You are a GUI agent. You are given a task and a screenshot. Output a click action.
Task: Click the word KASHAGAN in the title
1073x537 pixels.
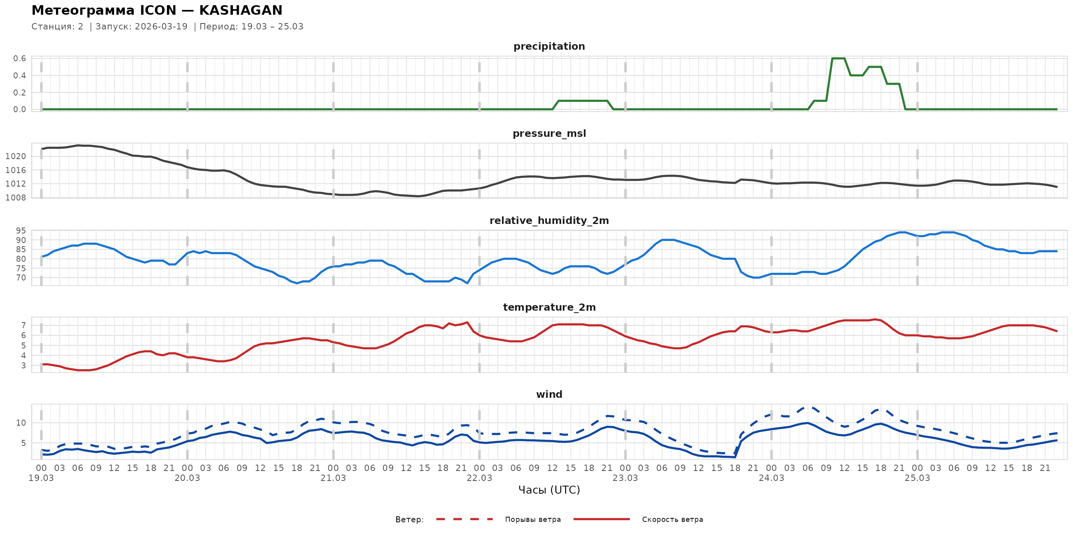click(240, 10)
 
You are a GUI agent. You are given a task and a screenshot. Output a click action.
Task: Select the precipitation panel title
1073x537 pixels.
click(549, 46)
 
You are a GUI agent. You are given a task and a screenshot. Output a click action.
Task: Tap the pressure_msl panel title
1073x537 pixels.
click(549, 133)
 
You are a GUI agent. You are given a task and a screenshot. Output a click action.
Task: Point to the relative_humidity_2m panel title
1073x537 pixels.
click(549, 220)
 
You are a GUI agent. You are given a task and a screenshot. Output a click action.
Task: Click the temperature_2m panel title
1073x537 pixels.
click(549, 307)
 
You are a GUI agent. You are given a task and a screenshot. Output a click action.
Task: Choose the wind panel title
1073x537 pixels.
click(549, 395)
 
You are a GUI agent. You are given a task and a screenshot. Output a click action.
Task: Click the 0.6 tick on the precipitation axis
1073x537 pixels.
click(19, 58)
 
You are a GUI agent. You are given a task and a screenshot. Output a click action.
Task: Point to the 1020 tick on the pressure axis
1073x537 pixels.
click(15, 156)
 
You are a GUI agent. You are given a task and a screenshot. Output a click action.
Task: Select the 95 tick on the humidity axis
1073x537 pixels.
click(21, 231)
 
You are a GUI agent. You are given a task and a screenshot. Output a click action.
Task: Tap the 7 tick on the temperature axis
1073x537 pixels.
click(23, 325)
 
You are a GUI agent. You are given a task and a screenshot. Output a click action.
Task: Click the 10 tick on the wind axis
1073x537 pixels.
click(21, 423)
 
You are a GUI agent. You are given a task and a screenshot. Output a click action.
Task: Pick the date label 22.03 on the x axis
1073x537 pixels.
click(479, 478)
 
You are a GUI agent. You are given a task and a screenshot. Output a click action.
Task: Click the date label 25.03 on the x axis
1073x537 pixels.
click(917, 478)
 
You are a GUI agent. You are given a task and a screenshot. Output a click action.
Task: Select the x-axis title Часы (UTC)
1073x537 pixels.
click(549, 490)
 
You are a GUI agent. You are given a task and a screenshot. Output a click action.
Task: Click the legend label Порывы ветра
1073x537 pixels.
click(533, 519)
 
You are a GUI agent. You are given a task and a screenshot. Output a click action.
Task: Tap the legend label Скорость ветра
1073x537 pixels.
click(672, 519)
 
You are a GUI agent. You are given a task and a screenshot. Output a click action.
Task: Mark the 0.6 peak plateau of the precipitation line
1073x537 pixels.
click(838, 58)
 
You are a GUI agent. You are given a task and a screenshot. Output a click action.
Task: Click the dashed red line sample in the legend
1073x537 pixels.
click(465, 519)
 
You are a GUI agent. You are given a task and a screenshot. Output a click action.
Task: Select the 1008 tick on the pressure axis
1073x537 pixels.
click(15, 198)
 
